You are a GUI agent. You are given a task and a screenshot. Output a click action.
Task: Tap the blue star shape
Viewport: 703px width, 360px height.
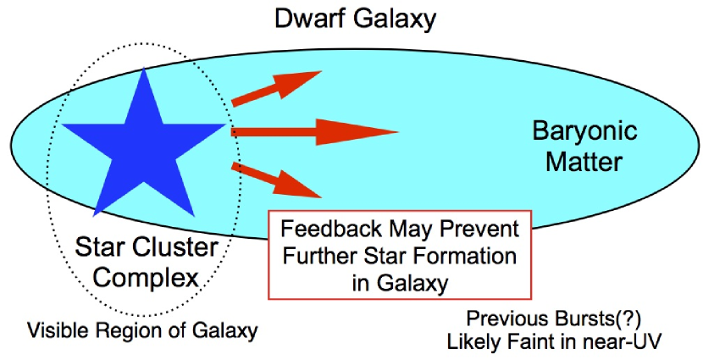tap(139, 140)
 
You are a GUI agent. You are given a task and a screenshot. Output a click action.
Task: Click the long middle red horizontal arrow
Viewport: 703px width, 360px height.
tap(313, 131)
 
